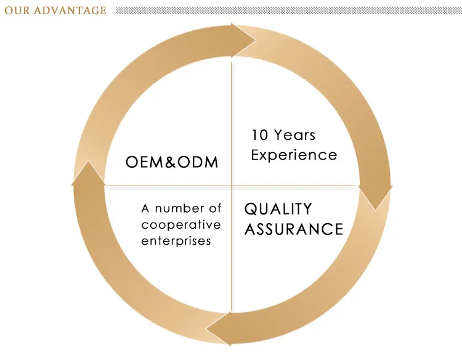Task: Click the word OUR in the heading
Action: [16, 10]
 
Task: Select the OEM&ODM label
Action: [172, 162]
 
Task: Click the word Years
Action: [294, 134]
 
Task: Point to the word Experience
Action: [294, 155]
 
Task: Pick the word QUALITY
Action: [278, 209]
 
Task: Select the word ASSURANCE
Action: [294, 229]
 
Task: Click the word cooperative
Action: [181, 225]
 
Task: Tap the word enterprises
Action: [176, 240]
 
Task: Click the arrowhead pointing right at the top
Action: [243, 41]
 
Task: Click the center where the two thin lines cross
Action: [232, 185]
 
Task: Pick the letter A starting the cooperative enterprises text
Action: [145, 209]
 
